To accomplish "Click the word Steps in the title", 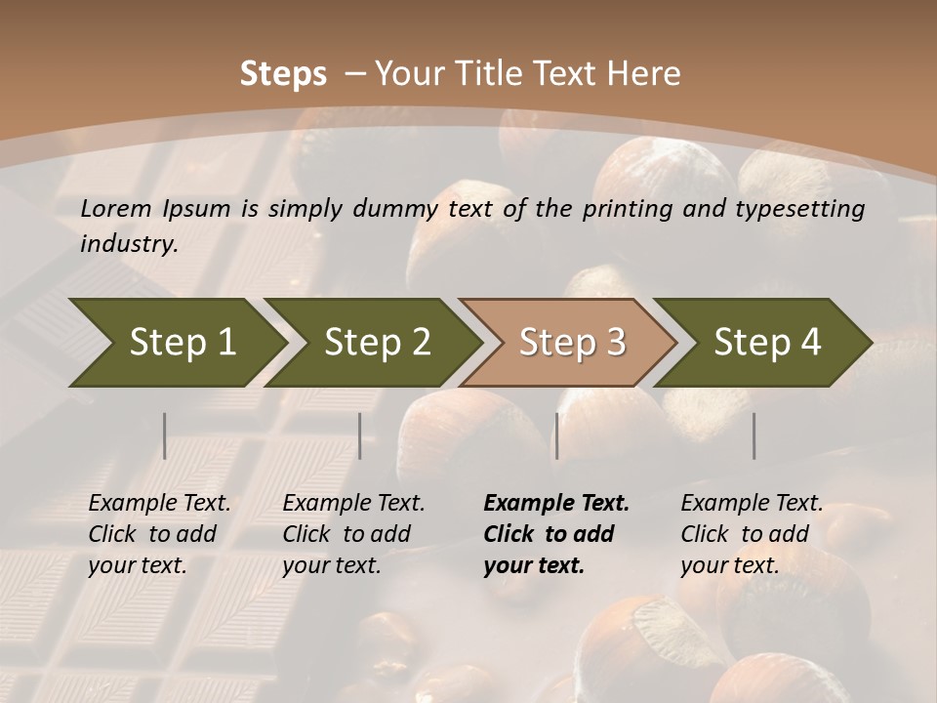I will (283, 74).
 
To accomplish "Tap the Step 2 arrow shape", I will (377, 342).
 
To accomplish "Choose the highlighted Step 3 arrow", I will (572, 342).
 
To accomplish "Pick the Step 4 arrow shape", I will (767, 342).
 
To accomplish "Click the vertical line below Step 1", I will (164, 435).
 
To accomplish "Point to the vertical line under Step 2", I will (360, 435).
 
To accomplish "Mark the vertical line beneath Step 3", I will (556, 435).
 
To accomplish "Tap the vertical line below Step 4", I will (754, 435).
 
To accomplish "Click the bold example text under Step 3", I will (555, 534).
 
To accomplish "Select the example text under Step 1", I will (159, 534).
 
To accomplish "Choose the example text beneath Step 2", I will (353, 534).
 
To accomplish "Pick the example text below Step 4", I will (752, 534).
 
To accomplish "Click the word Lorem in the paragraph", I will (116, 208).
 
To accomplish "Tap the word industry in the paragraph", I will (129, 243).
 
